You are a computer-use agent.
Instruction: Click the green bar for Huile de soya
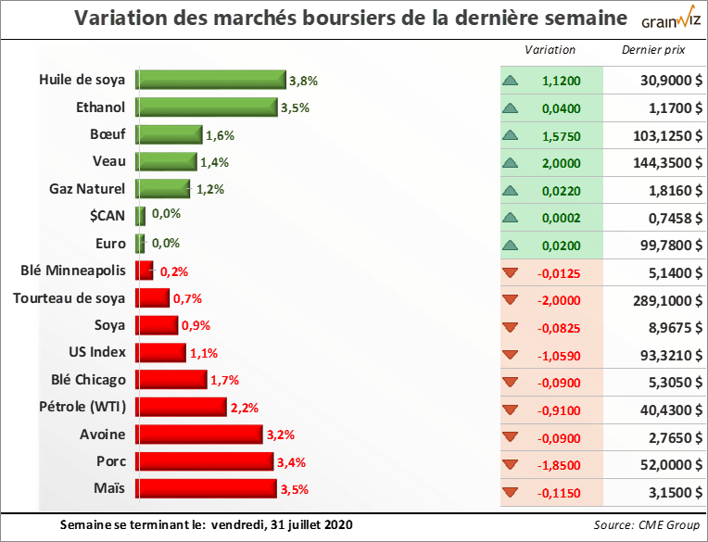click(210, 81)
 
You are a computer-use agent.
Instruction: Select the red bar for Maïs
click(205, 488)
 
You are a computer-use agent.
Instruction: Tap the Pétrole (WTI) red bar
click(181, 407)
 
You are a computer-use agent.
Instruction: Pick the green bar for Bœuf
click(169, 135)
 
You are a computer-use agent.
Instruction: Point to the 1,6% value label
click(220, 135)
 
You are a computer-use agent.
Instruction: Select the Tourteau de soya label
click(70, 298)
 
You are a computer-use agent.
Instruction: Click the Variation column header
click(550, 50)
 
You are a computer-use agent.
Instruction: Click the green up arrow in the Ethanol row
click(510, 108)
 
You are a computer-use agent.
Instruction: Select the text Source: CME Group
click(647, 525)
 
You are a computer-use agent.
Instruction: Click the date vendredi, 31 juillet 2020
click(282, 525)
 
